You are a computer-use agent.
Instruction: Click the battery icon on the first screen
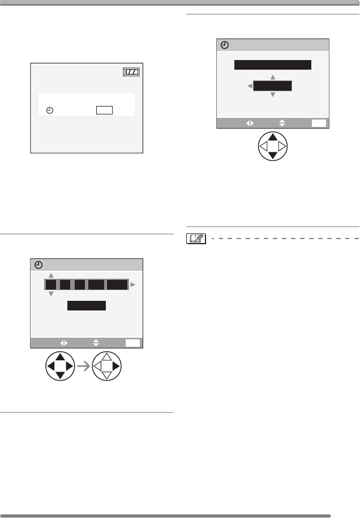coord(132,72)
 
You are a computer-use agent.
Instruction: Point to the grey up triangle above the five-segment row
coord(51,275)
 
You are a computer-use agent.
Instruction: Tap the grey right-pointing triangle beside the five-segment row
coord(133,286)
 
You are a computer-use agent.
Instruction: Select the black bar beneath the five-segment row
coord(87,306)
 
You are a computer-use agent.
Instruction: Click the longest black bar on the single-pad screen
coord(273,65)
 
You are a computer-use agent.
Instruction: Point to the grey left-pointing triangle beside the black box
coord(249,86)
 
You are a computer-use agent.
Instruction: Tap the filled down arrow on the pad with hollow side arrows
coord(273,155)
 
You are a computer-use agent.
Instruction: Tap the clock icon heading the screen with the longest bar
coord(224,46)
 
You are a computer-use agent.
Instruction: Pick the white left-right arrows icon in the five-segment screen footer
coord(63,343)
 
